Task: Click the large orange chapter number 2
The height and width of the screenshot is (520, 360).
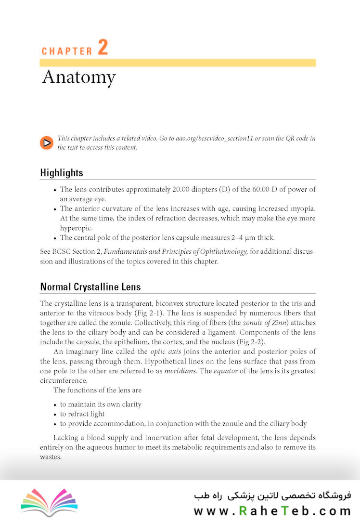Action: point(103,47)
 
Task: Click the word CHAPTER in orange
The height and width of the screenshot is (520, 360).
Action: point(67,51)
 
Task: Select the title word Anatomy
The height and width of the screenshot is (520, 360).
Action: point(79,78)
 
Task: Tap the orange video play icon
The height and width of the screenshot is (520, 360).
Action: point(46,143)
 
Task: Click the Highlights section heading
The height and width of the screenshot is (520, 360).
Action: point(62,173)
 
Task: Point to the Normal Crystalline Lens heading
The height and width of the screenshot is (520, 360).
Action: point(90,287)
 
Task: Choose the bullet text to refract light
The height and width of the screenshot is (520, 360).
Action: point(82,414)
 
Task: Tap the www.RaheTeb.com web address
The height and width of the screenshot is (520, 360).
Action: point(272,511)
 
